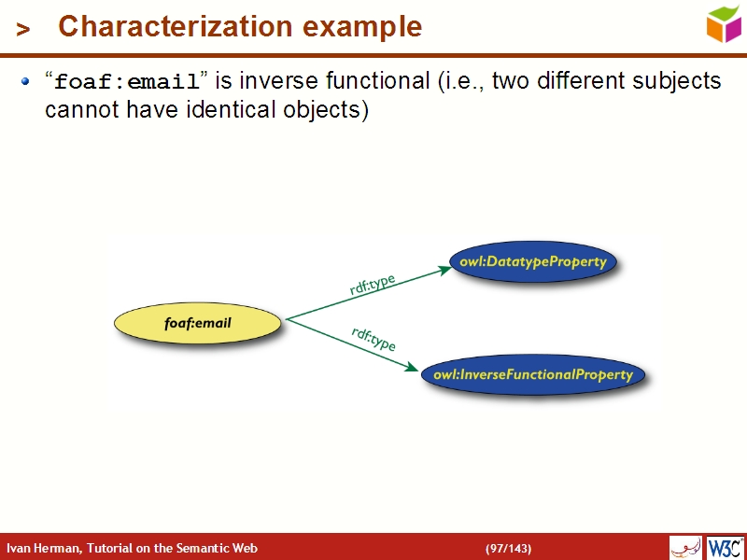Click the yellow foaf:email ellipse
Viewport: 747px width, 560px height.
pyautogui.click(x=197, y=324)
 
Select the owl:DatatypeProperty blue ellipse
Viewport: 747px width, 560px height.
pyautogui.click(x=532, y=262)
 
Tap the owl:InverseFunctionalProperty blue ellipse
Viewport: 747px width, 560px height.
pyautogui.click(x=532, y=375)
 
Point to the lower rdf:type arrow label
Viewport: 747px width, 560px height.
pyautogui.click(x=373, y=339)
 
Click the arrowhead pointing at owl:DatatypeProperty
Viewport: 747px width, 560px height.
pyautogui.click(x=444, y=269)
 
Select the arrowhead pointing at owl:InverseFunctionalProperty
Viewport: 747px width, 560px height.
pyautogui.click(x=412, y=368)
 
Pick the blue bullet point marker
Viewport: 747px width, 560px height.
pyautogui.click(x=26, y=82)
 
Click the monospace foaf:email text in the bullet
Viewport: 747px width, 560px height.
pyautogui.click(x=126, y=82)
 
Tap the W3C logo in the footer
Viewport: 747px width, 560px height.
pyautogui.click(x=725, y=547)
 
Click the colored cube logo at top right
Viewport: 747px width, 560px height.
pyautogui.click(x=724, y=23)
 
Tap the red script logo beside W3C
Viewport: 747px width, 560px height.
pyautogui.click(x=685, y=547)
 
